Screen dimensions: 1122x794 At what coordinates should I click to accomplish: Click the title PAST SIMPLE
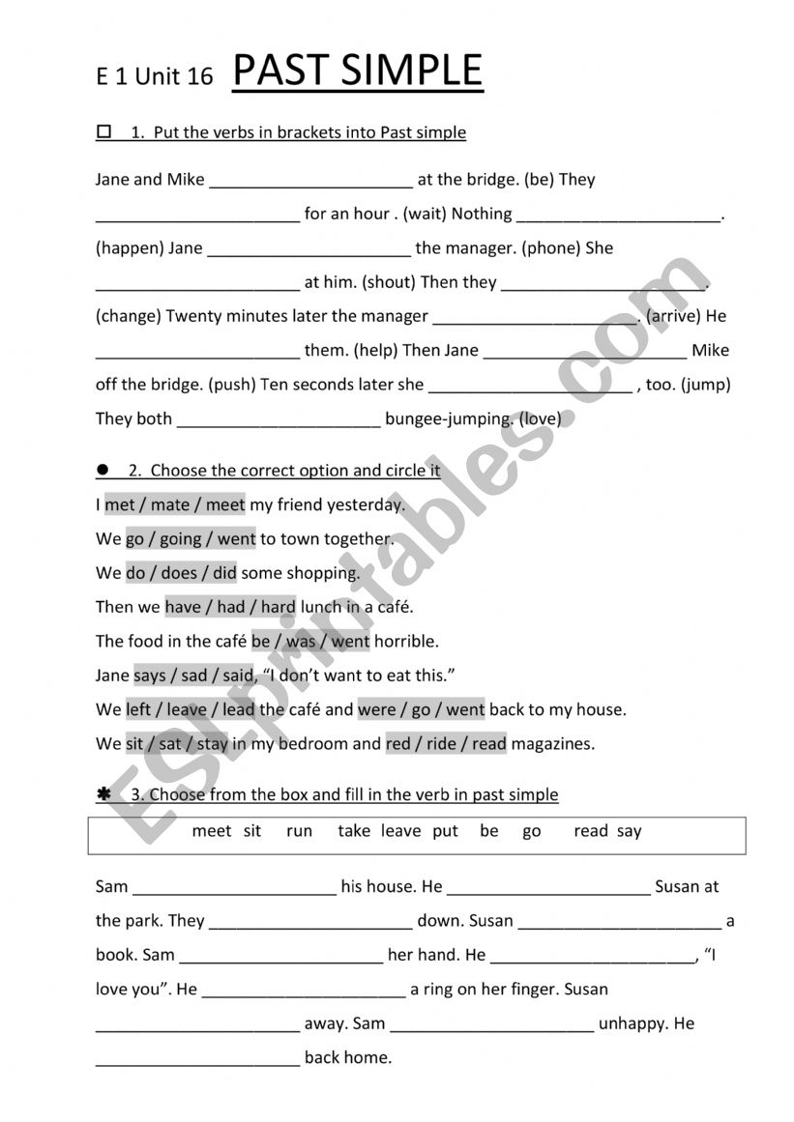(x=357, y=71)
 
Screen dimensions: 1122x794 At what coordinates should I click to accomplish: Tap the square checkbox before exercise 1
(x=103, y=131)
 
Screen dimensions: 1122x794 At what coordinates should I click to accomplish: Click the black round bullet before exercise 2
(x=103, y=470)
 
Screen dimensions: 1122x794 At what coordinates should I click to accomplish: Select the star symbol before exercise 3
(x=103, y=793)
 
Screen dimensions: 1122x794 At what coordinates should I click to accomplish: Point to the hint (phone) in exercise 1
(x=551, y=248)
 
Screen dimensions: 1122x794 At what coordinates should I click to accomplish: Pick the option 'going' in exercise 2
(x=180, y=539)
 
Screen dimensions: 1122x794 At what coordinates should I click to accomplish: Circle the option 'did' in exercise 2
(x=224, y=573)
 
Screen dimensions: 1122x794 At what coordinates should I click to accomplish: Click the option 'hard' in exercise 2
(x=279, y=607)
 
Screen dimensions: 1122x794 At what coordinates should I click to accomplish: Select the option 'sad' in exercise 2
(x=195, y=676)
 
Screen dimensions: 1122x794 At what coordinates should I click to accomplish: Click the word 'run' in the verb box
(x=299, y=831)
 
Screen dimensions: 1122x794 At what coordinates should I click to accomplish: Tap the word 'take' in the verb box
(x=354, y=831)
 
